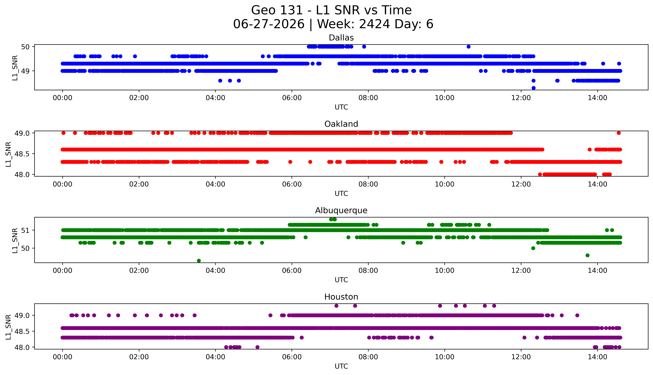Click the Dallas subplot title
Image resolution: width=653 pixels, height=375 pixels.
[x=341, y=38]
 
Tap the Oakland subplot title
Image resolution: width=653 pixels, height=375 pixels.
[x=341, y=124]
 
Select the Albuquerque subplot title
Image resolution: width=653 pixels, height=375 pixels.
[x=341, y=211]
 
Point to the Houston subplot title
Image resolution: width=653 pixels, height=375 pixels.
[x=341, y=297]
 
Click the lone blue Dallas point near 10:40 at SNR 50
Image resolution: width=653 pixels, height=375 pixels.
[x=469, y=47]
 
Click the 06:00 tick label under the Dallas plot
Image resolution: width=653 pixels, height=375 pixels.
[x=292, y=98]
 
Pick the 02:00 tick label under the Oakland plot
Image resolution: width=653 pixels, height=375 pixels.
[x=139, y=184]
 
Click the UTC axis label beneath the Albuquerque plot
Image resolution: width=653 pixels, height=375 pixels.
[x=341, y=280]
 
